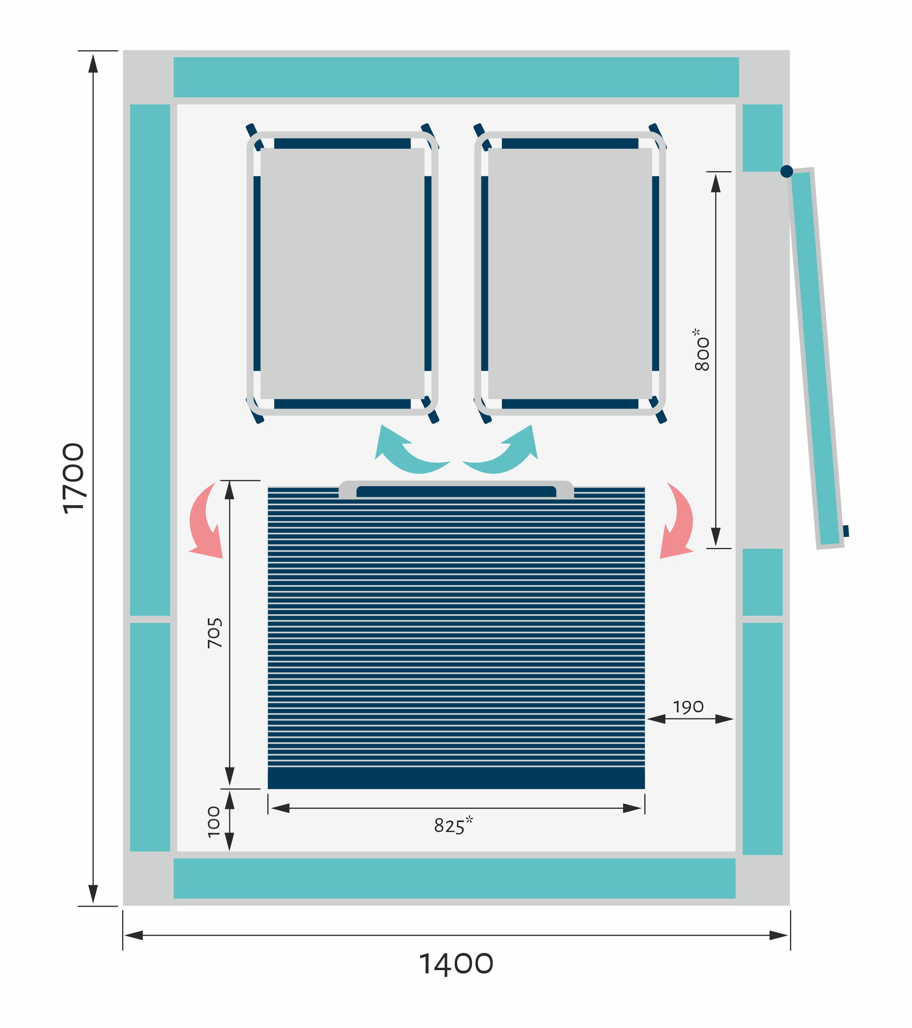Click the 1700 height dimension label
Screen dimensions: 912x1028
click(73, 478)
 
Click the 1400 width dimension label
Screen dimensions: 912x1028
click(456, 964)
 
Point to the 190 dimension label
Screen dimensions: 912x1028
click(688, 707)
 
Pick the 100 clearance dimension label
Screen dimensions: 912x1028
click(214, 822)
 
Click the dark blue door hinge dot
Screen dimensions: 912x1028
click(787, 172)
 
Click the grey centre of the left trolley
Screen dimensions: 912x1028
click(342, 274)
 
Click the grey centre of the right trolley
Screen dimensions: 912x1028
click(570, 274)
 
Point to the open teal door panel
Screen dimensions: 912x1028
click(815, 358)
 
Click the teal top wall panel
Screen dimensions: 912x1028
click(456, 77)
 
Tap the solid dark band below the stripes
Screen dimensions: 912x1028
click(456, 778)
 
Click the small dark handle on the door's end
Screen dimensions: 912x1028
click(846, 531)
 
